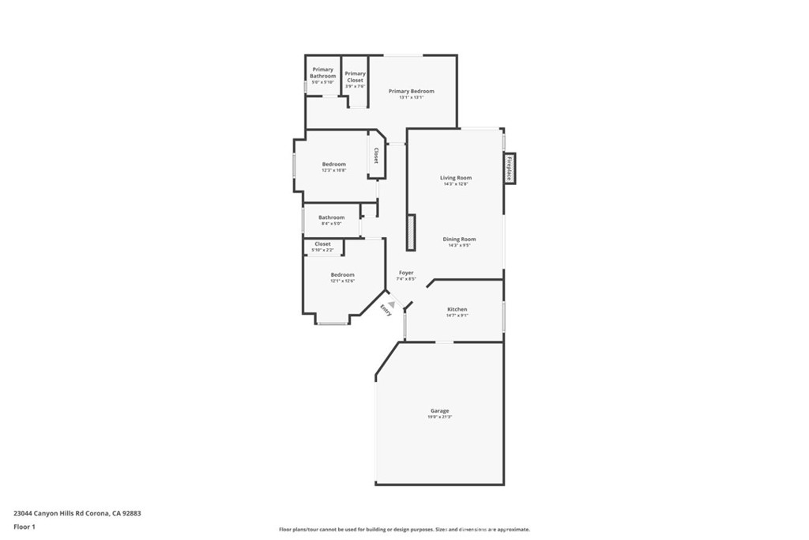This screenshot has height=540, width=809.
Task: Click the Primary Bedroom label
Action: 411,92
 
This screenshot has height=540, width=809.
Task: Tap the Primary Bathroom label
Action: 322,73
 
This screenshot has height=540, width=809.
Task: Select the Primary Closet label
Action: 355,77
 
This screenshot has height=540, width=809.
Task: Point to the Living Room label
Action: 456,178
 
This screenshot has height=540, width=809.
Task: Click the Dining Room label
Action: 458,239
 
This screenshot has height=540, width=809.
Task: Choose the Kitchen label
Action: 457,309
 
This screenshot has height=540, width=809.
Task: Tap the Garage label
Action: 439,410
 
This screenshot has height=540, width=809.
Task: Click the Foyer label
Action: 405,273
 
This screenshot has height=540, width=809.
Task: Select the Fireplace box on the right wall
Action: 510,168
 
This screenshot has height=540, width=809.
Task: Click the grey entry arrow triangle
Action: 391,304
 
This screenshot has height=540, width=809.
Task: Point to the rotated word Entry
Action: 386,310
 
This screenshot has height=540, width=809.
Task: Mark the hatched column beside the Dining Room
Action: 411,232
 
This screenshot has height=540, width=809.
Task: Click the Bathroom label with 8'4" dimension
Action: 331,217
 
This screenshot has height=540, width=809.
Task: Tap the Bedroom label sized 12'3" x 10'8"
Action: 333,164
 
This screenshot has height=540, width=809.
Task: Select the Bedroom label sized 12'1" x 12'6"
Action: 342,274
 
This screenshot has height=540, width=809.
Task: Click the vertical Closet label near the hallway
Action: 376,156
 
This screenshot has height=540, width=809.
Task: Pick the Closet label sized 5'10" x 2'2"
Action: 322,244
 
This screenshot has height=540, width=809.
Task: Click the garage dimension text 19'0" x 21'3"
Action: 439,417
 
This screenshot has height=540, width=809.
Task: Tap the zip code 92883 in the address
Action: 130,513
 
